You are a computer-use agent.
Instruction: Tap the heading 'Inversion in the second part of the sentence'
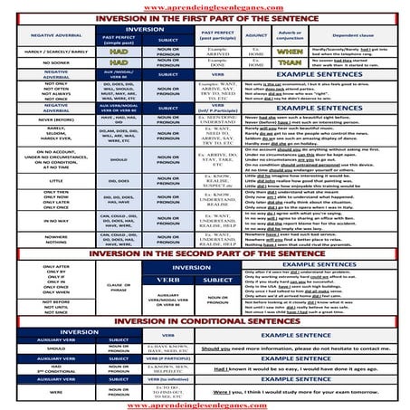click(205, 254)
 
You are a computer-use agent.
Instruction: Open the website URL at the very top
click(205, 6)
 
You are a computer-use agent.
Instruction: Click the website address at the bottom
click(205, 404)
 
